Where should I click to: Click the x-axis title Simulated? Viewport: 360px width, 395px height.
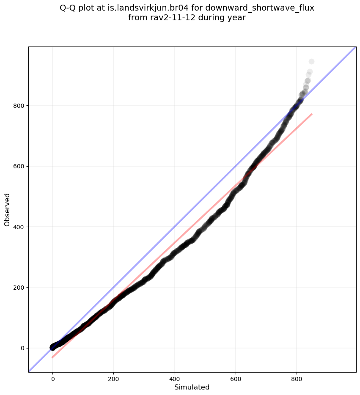click(x=192, y=387)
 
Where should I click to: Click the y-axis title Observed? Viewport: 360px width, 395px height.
click(x=7, y=209)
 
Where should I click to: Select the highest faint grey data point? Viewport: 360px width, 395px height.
click(x=311, y=62)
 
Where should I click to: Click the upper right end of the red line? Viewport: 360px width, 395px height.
click(x=312, y=114)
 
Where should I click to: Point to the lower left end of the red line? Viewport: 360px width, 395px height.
click(x=52, y=357)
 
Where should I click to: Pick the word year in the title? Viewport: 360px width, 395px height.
click(x=237, y=18)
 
